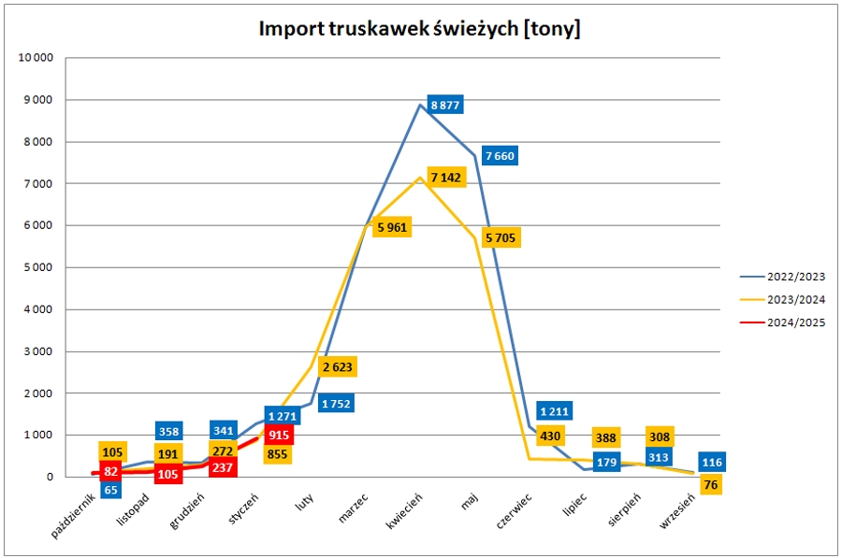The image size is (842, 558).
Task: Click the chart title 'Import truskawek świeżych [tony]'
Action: pos(419,29)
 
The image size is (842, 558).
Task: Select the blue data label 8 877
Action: pos(444,105)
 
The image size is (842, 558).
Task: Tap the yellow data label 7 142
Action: pos(445,177)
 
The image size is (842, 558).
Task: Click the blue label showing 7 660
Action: pos(500,155)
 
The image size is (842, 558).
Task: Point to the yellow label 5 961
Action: pos(392,227)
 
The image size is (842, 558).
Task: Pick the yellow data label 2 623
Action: pos(338,367)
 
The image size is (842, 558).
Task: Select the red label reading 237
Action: pos(223,468)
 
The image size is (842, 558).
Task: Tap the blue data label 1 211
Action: pos(554,410)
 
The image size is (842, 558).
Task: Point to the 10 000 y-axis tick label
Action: pos(36,58)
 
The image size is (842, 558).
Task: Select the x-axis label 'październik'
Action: pos(73,515)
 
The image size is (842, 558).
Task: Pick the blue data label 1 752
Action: pos(338,404)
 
